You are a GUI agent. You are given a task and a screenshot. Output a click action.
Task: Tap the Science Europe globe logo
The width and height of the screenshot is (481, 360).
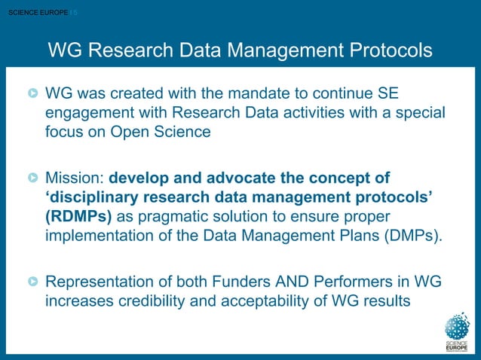click(457, 327)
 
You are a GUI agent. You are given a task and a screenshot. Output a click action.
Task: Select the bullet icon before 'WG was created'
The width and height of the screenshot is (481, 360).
click(33, 96)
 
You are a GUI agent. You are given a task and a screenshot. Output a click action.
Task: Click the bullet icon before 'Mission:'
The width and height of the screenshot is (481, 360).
click(33, 179)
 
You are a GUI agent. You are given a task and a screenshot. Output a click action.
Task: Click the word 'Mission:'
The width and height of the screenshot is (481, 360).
click(75, 178)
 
